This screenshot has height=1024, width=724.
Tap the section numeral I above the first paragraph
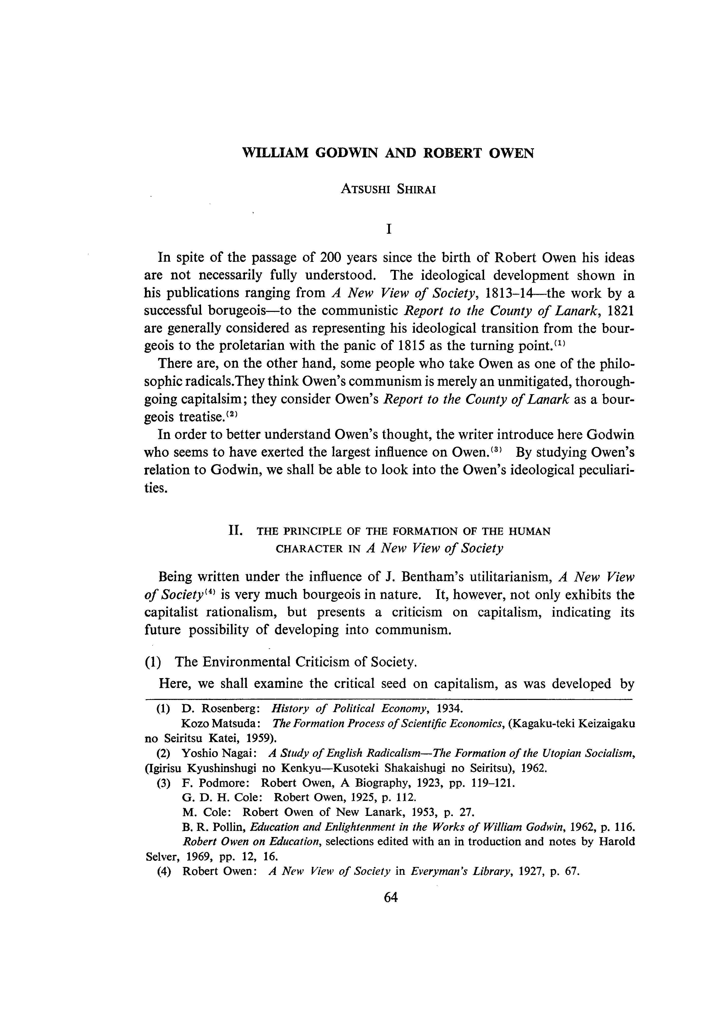point(389,229)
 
